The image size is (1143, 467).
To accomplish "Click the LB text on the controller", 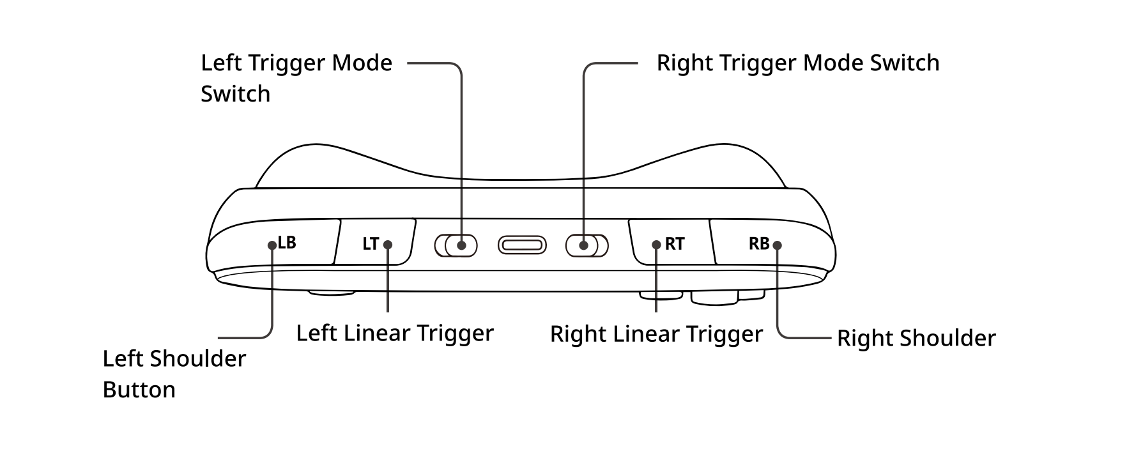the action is pyautogui.click(x=287, y=243).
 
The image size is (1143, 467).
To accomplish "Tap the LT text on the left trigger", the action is pyautogui.click(x=371, y=244).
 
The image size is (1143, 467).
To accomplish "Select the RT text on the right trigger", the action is pyautogui.click(x=675, y=244).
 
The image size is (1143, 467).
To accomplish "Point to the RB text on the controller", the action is pyautogui.click(x=759, y=243).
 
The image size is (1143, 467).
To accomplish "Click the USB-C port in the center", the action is pyautogui.click(x=523, y=245).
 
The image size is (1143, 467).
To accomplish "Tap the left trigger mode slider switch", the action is pyautogui.click(x=456, y=245).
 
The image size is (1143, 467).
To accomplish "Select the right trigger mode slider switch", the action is pyautogui.click(x=587, y=245).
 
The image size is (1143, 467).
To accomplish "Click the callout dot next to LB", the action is pyautogui.click(x=272, y=245).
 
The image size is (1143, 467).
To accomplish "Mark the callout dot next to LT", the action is pyautogui.click(x=388, y=245).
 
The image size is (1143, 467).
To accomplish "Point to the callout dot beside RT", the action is pyautogui.click(x=656, y=245).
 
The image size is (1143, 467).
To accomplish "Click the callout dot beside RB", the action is pyautogui.click(x=777, y=245).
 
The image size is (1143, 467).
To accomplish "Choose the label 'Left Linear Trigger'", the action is pyautogui.click(x=395, y=333).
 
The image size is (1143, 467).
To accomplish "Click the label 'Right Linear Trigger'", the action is pyautogui.click(x=656, y=334).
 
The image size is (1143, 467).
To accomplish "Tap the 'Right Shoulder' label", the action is pyautogui.click(x=916, y=338).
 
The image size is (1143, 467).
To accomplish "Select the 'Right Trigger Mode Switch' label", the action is pyautogui.click(x=798, y=63).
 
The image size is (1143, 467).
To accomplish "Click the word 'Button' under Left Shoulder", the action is pyautogui.click(x=139, y=390).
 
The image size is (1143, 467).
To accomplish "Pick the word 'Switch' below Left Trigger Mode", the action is pyautogui.click(x=235, y=94).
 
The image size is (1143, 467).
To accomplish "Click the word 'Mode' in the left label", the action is pyautogui.click(x=362, y=63).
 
